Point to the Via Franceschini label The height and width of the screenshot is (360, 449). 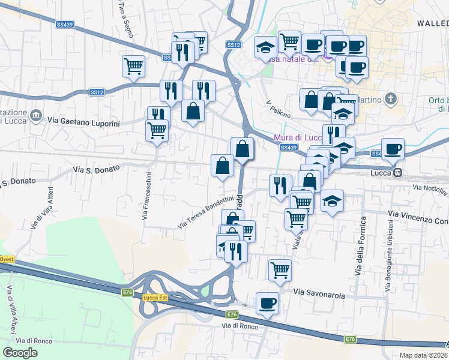[x=146, y=196]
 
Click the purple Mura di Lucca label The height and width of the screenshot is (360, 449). [x=298, y=137]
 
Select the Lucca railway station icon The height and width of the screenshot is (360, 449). [x=397, y=173]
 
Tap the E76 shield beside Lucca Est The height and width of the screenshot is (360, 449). [x=127, y=292]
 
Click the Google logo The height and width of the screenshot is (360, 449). [x=20, y=352]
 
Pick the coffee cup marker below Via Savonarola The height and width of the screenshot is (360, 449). [x=267, y=302]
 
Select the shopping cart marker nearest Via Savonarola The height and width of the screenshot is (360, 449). [x=280, y=270]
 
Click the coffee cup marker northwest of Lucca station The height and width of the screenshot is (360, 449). [x=393, y=149]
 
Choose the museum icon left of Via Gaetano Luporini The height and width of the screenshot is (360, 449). [x=36, y=114]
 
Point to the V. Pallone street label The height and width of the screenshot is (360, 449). [x=278, y=109]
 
